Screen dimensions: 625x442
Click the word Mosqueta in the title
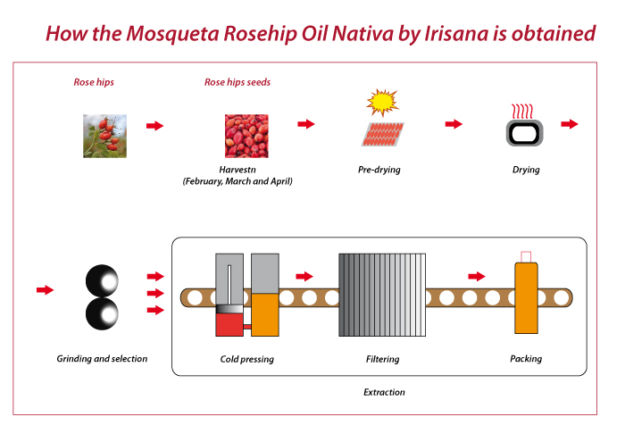[x=172, y=33]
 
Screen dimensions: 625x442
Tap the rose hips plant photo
[x=104, y=136]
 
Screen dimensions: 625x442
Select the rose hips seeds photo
[x=246, y=136]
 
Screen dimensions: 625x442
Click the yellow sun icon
[x=382, y=102]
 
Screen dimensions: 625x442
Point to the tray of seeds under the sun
[x=383, y=134]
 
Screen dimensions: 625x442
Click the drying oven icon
[x=525, y=133]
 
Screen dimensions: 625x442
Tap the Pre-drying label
[x=379, y=170]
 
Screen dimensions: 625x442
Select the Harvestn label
[x=237, y=170]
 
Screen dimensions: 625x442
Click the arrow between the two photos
[x=155, y=126]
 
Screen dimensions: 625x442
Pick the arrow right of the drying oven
[x=570, y=124]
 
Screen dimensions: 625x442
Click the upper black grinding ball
[x=102, y=280]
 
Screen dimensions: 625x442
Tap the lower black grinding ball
[x=102, y=313]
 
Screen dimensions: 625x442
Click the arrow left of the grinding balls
[x=45, y=289]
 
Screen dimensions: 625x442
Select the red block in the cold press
[x=229, y=324]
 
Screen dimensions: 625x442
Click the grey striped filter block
[x=382, y=295]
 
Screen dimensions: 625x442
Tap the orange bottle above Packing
[x=526, y=297]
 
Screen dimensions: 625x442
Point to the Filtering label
[x=383, y=359]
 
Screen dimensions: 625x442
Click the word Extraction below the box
[x=384, y=392]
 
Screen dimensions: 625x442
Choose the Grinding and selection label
[x=102, y=359]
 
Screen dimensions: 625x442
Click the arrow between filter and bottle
[x=476, y=276]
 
